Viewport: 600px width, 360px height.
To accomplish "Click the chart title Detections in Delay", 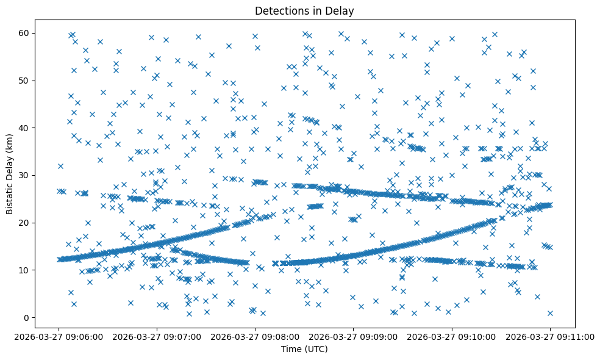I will tap(304, 11).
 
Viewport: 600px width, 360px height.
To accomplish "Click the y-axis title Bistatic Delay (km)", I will tap(10, 167).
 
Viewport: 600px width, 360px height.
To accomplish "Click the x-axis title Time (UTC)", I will tap(304, 349).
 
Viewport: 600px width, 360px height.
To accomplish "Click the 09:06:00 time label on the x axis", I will tap(59, 336).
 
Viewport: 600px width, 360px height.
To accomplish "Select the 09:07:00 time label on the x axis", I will tap(157, 336).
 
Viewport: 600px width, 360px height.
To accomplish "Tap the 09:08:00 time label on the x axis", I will tap(255, 336).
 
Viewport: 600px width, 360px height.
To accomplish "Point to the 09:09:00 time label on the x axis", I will tap(354, 336).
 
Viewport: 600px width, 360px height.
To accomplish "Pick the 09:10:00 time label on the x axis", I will tap(452, 336).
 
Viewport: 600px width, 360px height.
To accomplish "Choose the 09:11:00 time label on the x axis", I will tap(550, 336).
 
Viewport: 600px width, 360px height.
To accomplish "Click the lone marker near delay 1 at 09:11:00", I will tap(550, 313).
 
